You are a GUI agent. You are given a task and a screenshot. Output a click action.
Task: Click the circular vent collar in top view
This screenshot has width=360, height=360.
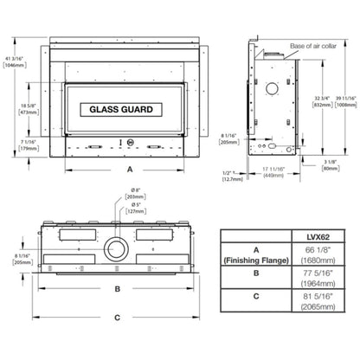pos(114,250)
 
